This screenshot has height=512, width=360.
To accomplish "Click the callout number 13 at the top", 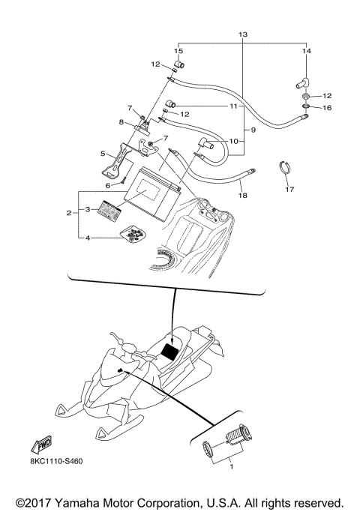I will coord(241,35).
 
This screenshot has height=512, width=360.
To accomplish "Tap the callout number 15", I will coord(178,51).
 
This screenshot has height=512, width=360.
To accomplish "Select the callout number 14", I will coord(305,51).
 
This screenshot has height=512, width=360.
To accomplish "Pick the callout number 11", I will coord(233,106).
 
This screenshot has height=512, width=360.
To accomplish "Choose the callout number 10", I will coord(233,141).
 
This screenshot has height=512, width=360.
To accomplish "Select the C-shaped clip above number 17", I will coord(286,169).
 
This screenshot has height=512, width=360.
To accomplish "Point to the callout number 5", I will coord(103,153).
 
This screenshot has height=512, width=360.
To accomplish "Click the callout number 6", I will coord(107,186).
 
